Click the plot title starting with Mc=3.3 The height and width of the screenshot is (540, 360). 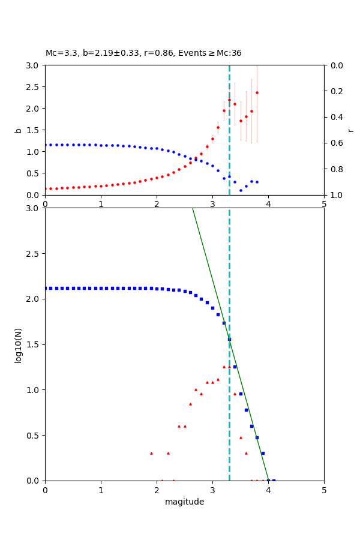143,53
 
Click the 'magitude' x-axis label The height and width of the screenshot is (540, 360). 184,502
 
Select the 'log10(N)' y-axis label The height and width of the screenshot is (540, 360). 18,344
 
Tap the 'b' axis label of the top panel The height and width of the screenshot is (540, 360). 18,130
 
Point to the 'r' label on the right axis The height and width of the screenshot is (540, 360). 350,130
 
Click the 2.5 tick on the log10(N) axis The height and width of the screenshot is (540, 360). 33,254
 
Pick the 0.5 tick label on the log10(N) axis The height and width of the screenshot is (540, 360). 33,436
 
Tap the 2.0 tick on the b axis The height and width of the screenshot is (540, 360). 33,109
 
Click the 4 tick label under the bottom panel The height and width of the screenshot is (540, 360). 268,490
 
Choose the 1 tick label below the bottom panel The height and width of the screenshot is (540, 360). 101,490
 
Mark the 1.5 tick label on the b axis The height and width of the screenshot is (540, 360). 33,130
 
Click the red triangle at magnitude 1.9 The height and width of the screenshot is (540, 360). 151,453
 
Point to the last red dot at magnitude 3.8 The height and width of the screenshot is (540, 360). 257,92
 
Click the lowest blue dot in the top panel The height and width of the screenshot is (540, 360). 241,191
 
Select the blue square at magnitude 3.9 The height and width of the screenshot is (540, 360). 263,453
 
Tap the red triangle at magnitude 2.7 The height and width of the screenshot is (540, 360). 196,389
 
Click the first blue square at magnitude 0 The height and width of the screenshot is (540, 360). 46,288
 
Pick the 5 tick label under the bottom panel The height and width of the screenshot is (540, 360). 324,490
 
